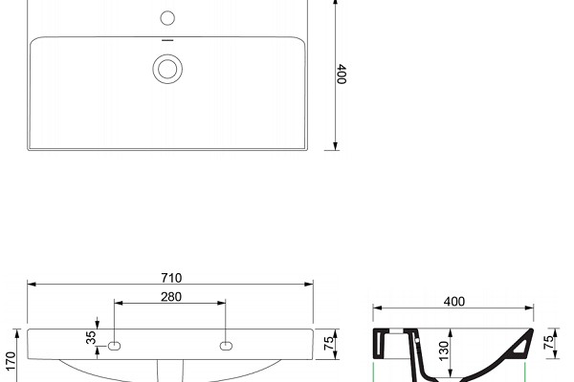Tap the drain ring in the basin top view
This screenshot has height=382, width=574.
coord(167,54)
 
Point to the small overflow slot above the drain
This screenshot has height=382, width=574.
coord(167,40)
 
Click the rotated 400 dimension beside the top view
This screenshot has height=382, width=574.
coord(342,74)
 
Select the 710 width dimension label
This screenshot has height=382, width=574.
coord(171,278)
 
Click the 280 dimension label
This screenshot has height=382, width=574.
coord(171,297)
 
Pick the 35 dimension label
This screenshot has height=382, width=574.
coord(91,337)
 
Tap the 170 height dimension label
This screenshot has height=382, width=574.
coord(11,361)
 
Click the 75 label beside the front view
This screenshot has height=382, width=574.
coord(329,343)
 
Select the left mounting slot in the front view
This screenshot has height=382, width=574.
coord(114,346)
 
